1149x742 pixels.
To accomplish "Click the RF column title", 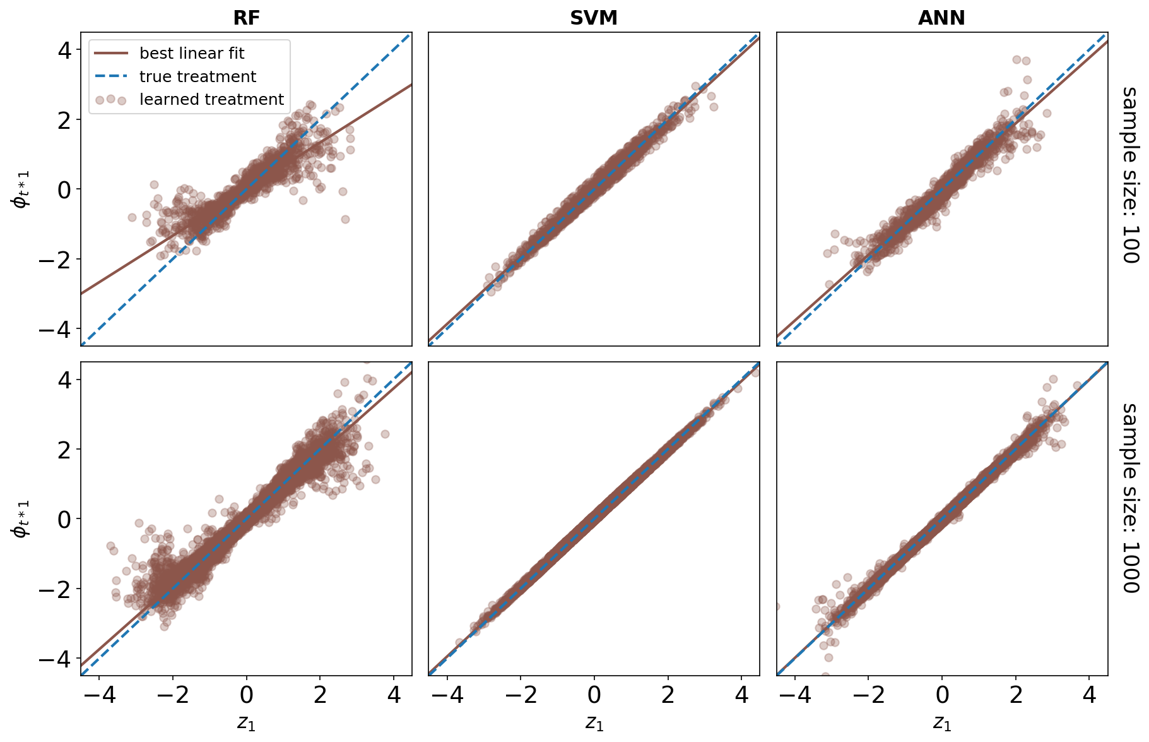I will (x=246, y=18).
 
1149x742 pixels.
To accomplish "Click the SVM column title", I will (x=593, y=18).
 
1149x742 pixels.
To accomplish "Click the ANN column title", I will (x=941, y=18).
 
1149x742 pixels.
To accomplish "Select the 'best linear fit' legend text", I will (x=191, y=54).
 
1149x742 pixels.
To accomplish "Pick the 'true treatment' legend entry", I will (x=197, y=77).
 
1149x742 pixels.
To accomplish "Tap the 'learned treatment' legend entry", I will (x=211, y=100).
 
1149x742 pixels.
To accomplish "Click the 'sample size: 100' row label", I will (x=1130, y=175).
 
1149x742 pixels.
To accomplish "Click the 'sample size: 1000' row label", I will (x=1130, y=498).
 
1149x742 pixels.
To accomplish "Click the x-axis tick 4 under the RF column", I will (x=394, y=695).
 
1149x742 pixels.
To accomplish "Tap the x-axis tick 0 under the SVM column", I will (x=594, y=695).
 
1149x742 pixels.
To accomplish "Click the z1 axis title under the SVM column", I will (x=594, y=723).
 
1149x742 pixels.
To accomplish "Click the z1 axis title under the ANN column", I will (x=942, y=723).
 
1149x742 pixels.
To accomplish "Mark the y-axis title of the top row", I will (x=21, y=189).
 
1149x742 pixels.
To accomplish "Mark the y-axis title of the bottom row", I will (x=21, y=519).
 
